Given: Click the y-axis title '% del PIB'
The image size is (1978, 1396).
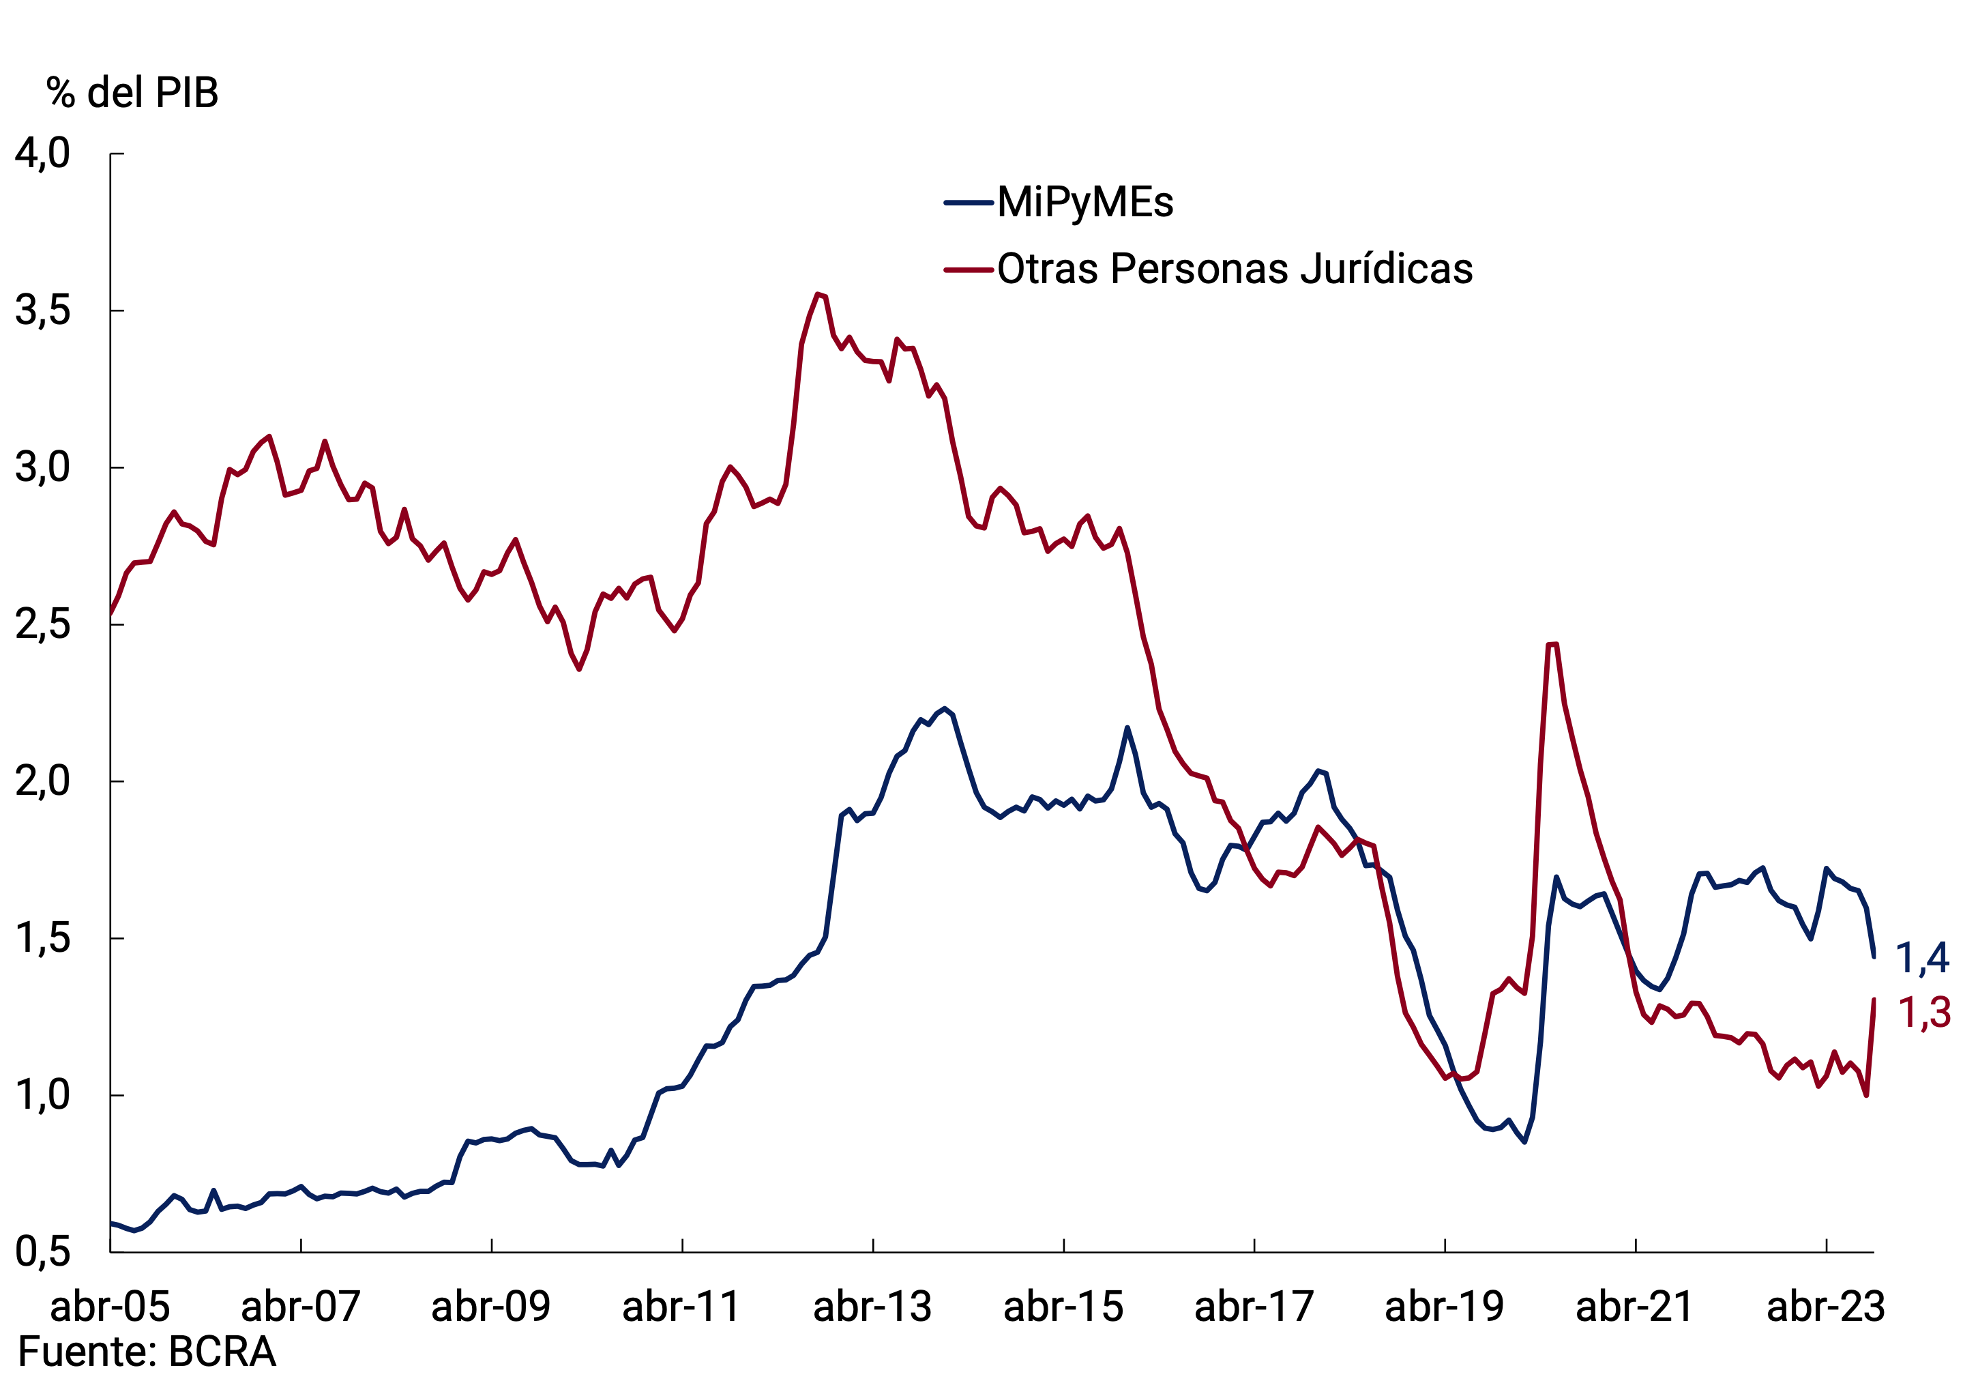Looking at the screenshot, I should pos(133,92).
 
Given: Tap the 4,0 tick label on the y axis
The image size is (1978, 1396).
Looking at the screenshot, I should pos(43,154).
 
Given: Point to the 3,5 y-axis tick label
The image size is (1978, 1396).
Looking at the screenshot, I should pos(43,310).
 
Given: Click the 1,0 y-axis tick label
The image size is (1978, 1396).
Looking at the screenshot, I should pos(43,1095).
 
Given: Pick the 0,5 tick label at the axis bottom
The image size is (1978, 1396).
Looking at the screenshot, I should pos(43,1251).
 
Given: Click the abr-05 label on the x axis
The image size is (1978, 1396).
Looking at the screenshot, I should pos(110,1307).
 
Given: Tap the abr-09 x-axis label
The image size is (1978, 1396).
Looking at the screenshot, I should pos(491,1307).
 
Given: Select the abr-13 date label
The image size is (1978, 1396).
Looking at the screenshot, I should pos(872,1307).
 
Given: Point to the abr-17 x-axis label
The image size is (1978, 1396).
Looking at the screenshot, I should pos(1254,1307).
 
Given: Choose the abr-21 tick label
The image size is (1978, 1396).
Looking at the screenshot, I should pos(1635,1307).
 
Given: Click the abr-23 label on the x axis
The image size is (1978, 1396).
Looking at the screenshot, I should pos(1827,1307).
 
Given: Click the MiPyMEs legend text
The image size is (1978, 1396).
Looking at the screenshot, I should pos(1085,203).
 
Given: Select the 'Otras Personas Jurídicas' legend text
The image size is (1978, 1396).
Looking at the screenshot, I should pos(1235,269).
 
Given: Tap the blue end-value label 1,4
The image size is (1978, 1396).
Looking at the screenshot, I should pos(1923,958).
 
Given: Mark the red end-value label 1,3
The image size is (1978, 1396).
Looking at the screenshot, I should pos(1925,1013).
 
